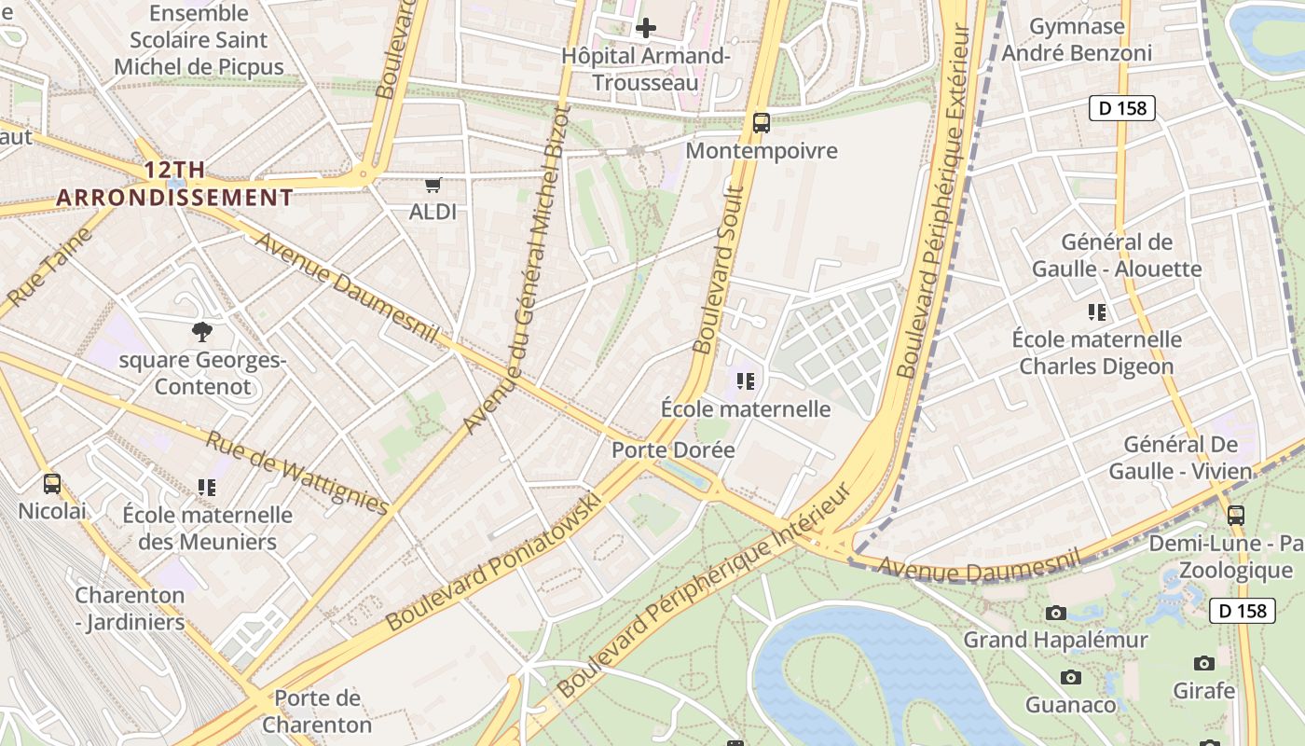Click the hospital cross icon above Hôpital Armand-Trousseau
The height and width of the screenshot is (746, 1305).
(x=645, y=28)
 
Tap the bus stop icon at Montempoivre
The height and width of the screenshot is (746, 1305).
(x=762, y=122)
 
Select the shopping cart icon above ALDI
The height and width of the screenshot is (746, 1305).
(x=433, y=185)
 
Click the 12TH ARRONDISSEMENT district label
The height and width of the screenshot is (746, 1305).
(x=174, y=184)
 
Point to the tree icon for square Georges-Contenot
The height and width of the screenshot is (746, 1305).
(x=201, y=331)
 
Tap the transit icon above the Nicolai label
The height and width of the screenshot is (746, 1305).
(x=52, y=483)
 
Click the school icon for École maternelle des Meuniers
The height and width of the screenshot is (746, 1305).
(x=207, y=487)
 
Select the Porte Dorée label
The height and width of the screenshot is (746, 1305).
(x=673, y=449)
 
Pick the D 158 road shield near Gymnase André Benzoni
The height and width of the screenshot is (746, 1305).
(x=1122, y=108)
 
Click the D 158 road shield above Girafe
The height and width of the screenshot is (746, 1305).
(x=1242, y=611)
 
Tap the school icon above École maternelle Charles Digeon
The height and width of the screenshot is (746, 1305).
(x=1096, y=311)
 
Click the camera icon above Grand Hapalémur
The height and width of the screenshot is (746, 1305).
(x=1055, y=613)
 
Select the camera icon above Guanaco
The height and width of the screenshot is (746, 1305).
(x=1070, y=677)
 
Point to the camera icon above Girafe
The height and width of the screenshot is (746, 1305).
(x=1203, y=663)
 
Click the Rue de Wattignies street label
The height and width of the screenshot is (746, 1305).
(x=295, y=472)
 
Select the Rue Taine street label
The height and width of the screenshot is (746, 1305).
(x=52, y=265)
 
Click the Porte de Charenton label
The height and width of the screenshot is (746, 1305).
(x=317, y=711)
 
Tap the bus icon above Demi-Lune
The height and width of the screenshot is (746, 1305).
(x=1235, y=514)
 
